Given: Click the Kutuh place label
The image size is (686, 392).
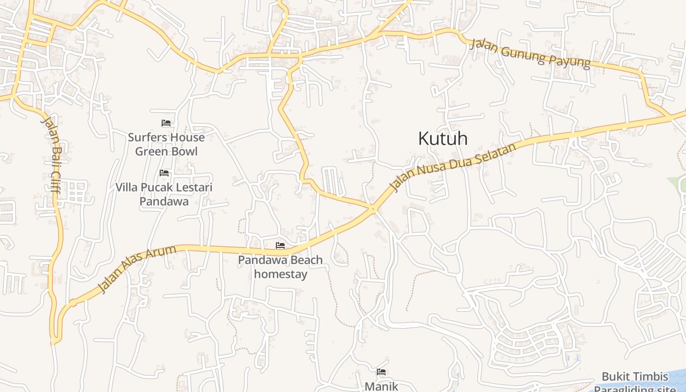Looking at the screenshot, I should click(442, 139).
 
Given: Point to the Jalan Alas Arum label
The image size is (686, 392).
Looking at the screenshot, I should click(137, 269).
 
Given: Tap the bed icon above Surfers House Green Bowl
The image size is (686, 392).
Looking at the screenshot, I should click(166, 123).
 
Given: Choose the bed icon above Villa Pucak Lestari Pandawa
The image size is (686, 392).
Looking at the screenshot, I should click(164, 173).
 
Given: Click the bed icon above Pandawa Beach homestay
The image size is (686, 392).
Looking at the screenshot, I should click(280, 245).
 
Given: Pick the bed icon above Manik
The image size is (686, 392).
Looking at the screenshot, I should click(381, 372).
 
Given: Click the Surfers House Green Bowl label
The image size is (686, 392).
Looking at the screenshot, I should click(166, 144).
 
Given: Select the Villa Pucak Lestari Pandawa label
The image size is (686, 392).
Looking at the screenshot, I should click(164, 194).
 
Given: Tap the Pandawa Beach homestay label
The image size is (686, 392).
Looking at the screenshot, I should click(280, 267).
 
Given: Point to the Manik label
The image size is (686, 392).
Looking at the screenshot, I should click(381, 386).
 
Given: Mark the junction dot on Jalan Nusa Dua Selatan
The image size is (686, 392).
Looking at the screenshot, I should click(373, 209).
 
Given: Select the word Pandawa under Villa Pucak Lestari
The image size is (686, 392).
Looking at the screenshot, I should click(164, 201).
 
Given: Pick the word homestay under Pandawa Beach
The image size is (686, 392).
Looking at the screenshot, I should click(280, 274).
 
